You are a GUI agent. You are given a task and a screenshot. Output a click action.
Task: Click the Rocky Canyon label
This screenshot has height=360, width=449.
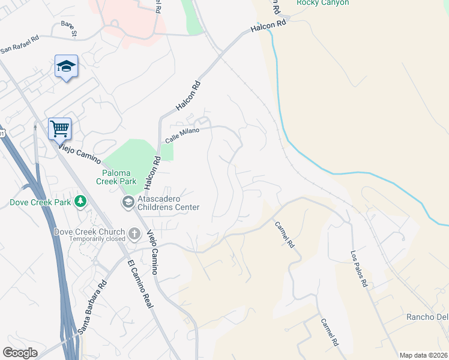tap(322, 3)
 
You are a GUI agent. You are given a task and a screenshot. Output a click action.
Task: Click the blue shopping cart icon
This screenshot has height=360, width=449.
tap(59, 128)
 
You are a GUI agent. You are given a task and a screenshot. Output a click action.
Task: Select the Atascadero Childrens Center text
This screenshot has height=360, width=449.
tap(169, 203)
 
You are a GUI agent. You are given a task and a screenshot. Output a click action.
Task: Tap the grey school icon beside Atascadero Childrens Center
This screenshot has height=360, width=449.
tap(128, 203)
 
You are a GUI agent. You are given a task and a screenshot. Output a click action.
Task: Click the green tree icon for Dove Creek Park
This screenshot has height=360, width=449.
tap(80, 202)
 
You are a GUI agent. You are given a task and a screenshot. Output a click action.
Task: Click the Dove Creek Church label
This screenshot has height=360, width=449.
tap(89, 232)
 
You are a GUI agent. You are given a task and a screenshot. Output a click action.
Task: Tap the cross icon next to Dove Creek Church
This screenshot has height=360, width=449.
tap(134, 233)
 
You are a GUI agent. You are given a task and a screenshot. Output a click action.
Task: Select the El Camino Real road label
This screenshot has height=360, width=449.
tap(140, 284)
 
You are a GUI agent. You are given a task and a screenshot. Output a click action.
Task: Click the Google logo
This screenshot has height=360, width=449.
tap(20, 353)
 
